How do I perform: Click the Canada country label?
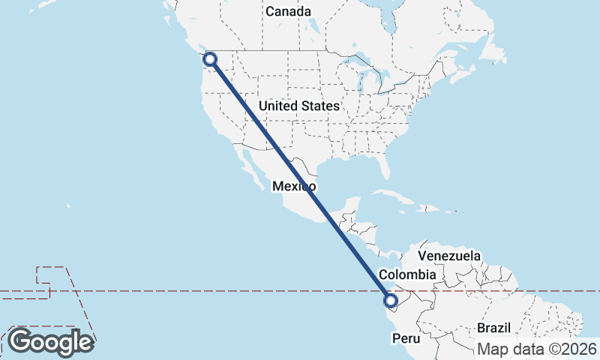pos(288,12)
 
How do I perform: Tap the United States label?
pos(298,106)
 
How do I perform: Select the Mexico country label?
pos(294,186)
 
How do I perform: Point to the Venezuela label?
pos(454,256)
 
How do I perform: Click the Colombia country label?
pos(406,274)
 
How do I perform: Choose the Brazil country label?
pos(493,328)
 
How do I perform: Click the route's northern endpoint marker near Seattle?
pos(210,58)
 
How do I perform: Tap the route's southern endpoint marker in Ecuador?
pos(390,301)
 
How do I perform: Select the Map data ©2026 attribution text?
pos(537,349)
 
